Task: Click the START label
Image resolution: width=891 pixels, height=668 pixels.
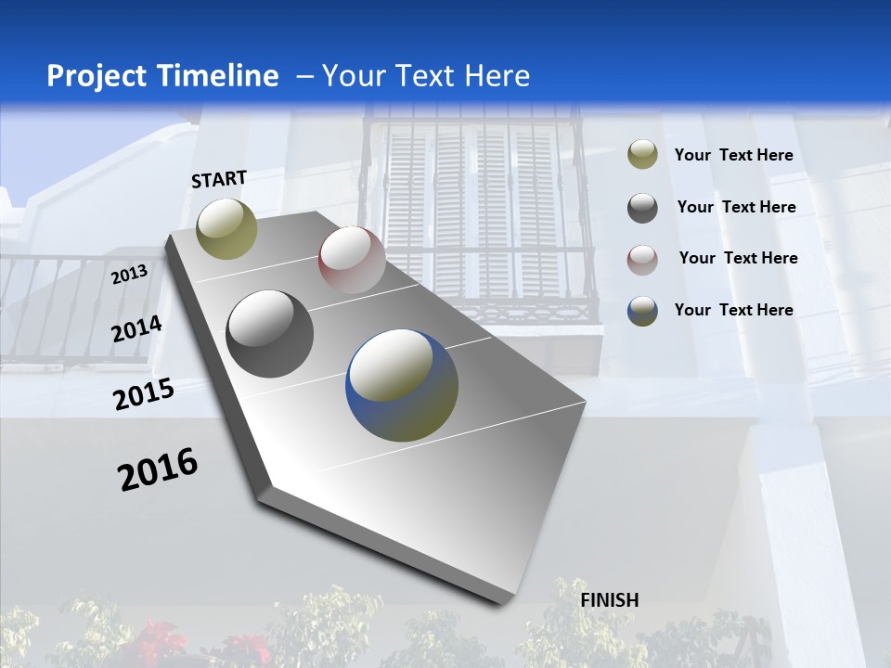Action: pos(219,179)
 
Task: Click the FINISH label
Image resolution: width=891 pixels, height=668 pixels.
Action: pos(610,600)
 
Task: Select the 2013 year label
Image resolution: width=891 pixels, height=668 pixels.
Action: pos(130,274)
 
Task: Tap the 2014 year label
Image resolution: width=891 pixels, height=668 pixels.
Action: pos(136,328)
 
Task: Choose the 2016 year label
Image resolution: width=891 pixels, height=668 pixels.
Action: pos(158,469)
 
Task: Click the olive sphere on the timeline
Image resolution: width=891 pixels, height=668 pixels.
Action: pos(227,229)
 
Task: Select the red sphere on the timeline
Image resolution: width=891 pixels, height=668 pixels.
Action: pos(352,260)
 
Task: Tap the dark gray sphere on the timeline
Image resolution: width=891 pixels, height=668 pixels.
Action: pos(270,334)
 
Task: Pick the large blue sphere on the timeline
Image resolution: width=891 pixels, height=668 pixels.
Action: pos(402,385)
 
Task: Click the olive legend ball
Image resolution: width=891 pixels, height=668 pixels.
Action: pos(642,155)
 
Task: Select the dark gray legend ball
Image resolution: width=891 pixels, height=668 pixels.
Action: pos(642,208)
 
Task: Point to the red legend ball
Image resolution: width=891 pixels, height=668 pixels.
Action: pos(642,259)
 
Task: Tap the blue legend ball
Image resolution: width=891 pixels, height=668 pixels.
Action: pos(642,311)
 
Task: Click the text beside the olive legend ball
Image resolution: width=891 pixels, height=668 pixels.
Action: pos(733,155)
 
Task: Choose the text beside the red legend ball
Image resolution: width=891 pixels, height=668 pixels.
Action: pos(738,258)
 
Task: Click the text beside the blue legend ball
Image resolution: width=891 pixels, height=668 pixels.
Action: pos(733,310)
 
